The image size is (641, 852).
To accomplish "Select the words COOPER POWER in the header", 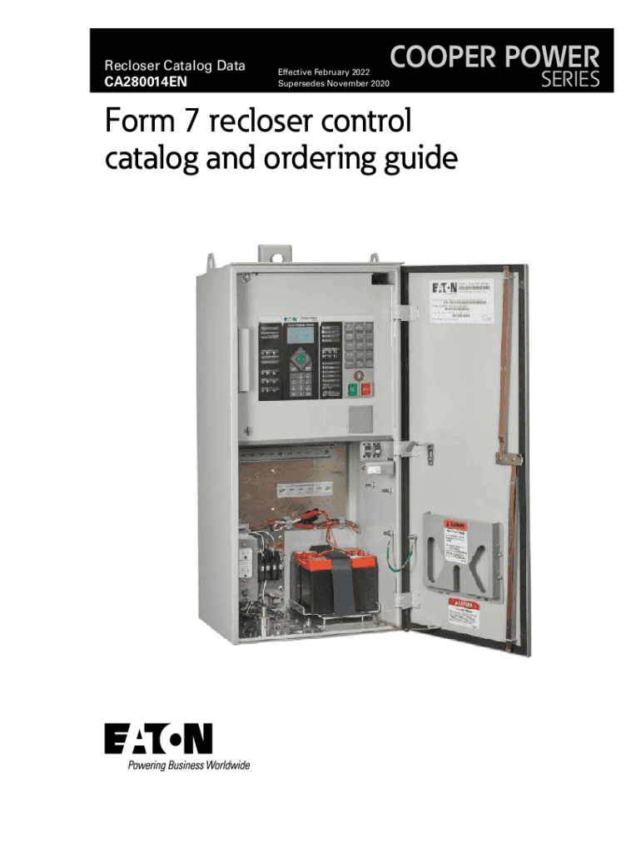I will click(494, 58).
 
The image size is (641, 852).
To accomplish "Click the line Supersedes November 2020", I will click(332, 87).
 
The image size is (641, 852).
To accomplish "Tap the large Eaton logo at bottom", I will click(158, 739).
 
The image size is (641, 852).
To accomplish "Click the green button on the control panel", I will click(353, 388).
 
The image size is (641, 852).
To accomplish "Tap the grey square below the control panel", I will click(359, 419).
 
